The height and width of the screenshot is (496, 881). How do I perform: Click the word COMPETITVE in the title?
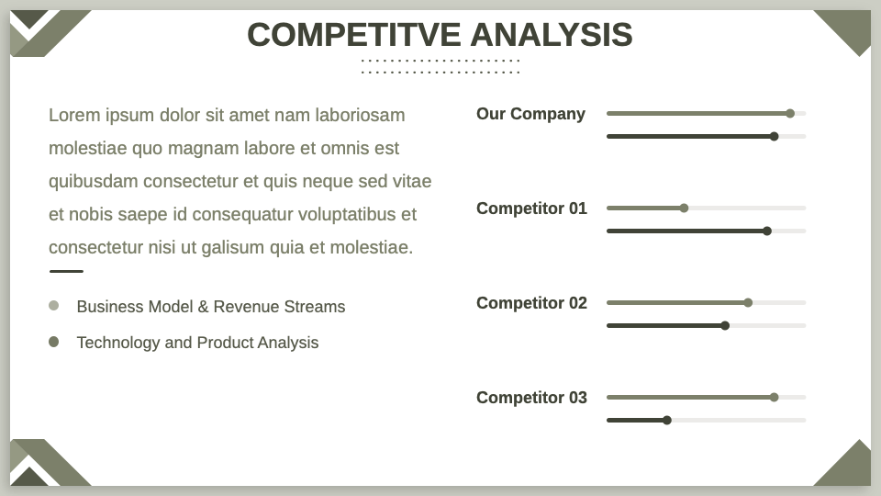[x=354, y=35]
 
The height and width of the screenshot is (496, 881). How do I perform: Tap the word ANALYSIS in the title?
[x=552, y=35]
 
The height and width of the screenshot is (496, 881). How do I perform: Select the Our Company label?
[x=531, y=114]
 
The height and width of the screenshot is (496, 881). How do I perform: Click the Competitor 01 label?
[x=531, y=209]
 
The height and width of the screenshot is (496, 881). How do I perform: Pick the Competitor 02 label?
[x=531, y=303]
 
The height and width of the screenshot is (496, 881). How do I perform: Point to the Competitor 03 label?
[x=531, y=398]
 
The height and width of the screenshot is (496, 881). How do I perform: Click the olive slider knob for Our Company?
[x=790, y=114]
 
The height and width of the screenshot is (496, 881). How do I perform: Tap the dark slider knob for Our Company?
[x=775, y=137]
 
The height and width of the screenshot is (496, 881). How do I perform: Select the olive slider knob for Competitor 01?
[x=684, y=209]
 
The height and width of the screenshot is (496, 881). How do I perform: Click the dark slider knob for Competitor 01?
[x=767, y=231]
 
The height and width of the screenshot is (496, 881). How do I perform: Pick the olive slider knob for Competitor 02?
[x=748, y=302]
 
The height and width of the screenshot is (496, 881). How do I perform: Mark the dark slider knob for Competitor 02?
[x=725, y=325]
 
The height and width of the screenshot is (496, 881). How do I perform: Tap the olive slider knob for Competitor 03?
[x=775, y=397]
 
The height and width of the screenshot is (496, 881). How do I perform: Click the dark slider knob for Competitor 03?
[x=667, y=420]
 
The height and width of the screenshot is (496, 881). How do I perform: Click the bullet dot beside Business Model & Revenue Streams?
[x=54, y=305]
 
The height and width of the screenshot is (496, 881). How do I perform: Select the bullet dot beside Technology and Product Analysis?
[x=54, y=342]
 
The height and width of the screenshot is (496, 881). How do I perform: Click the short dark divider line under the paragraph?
[x=66, y=271]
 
